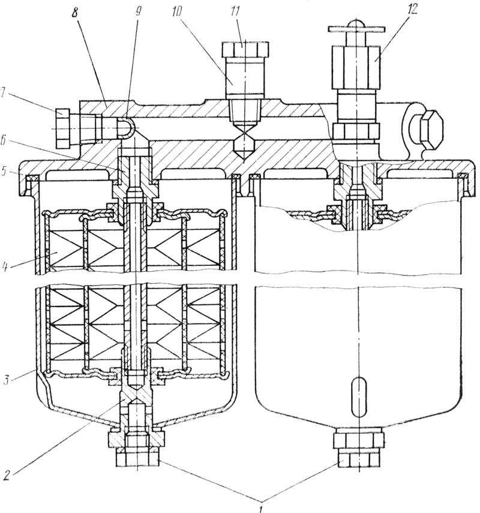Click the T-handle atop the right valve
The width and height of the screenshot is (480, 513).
coord(356,26)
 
